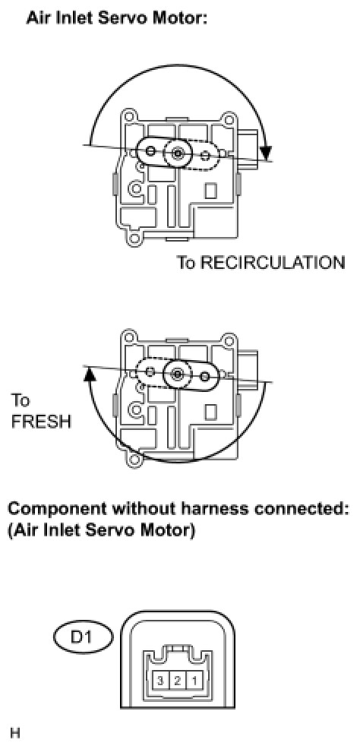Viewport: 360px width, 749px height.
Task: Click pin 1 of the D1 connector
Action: [194, 679]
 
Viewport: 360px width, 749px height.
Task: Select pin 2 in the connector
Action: [178, 679]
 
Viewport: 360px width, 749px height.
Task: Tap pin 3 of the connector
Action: [161, 679]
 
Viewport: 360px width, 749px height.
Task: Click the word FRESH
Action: [41, 422]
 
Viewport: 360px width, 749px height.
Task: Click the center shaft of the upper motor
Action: [178, 153]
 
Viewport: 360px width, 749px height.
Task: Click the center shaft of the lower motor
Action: [178, 374]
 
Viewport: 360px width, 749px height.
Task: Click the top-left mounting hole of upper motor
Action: [128, 116]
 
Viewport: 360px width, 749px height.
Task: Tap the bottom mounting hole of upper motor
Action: [135, 238]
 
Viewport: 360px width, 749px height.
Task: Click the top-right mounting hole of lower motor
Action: [229, 338]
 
